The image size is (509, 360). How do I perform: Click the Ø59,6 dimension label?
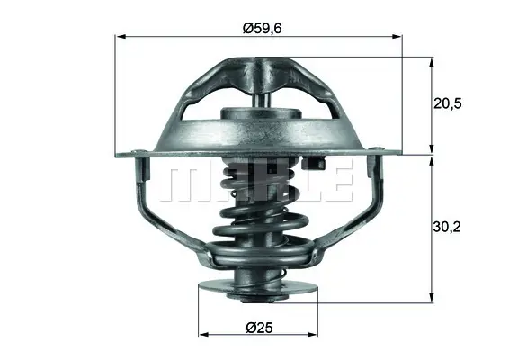pyautogui.click(x=263, y=28)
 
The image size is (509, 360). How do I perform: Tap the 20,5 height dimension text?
pyautogui.click(x=447, y=104)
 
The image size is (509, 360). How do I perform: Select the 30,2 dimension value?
pyautogui.click(x=447, y=227)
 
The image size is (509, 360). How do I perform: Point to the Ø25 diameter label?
pyautogui.click(x=259, y=328)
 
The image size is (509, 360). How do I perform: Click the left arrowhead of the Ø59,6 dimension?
pyautogui.click(x=121, y=36)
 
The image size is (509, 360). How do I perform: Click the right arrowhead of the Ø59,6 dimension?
pyautogui.click(x=397, y=36)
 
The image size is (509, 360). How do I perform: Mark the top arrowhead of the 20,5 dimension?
pyautogui.click(x=432, y=63)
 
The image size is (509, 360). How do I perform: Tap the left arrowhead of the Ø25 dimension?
pyautogui.click(x=203, y=334)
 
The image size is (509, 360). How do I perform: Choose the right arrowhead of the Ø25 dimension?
pyautogui.click(x=313, y=334)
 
